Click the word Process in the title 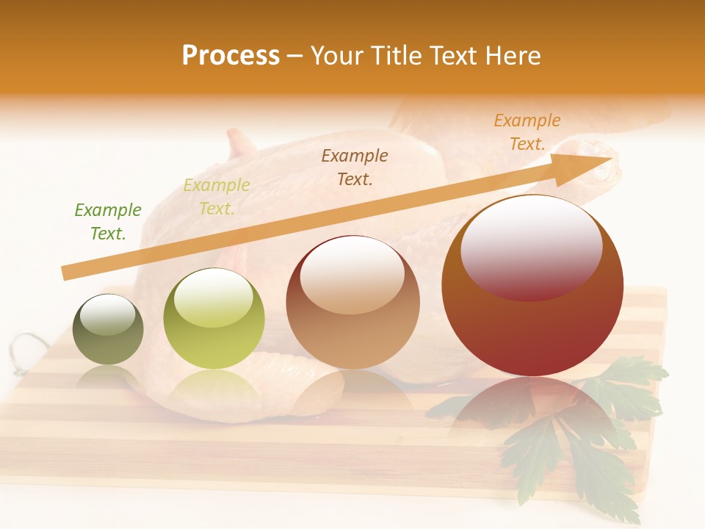point(231,56)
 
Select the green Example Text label point(108,221)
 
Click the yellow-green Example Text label point(217,196)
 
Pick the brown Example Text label point(355,167)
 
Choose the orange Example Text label point(527,132)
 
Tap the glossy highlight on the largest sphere point(531,246)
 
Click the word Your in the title point(336,56)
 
